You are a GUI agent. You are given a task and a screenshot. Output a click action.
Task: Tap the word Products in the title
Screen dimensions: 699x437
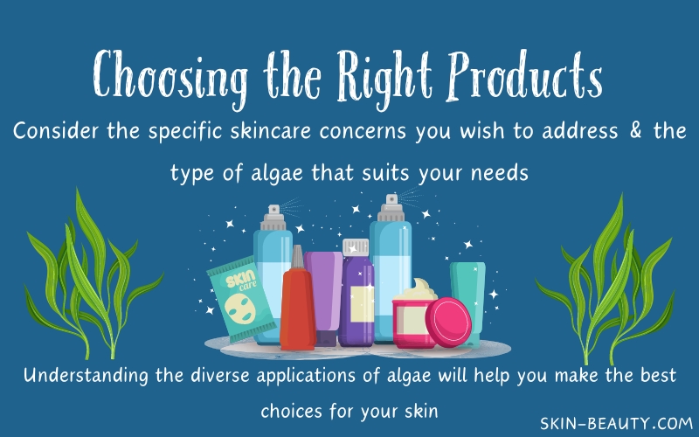[x=525, y=76]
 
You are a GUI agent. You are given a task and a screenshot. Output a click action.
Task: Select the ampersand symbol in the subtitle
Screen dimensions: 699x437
[x=636, y=130]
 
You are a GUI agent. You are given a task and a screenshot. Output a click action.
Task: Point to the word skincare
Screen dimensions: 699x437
[x=270, y=130]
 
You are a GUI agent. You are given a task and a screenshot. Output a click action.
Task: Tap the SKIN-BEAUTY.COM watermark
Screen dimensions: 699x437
[x=616, y=423]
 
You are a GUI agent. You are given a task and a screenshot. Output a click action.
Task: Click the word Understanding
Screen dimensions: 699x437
[x=86, y=376]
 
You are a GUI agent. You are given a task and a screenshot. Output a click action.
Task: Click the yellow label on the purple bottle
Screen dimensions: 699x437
[x=362, y=304]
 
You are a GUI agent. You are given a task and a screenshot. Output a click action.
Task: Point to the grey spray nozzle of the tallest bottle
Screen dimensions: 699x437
[x=391, y=208]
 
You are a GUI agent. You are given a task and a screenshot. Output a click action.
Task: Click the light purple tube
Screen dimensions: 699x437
[x=325, y=296]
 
